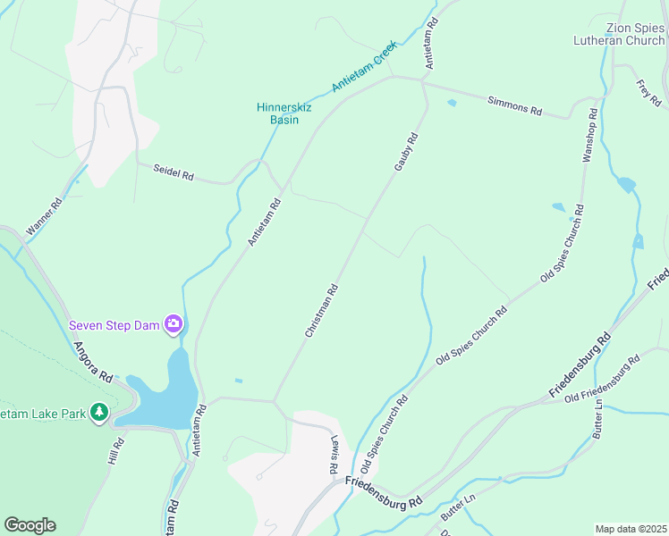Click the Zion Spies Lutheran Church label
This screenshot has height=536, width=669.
click(x=622, y=34)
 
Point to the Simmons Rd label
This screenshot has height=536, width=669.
click(x=515, y=106)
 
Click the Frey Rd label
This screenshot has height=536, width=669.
click(x=648, y=91)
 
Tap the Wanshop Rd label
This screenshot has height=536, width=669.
click(x=589, y=135)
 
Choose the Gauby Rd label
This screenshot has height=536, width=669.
click(x=406, y=153)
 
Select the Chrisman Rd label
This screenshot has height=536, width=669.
click(x=321, y=310)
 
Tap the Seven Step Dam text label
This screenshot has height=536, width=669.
click(x=114, y=324)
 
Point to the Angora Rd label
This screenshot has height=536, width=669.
click(x=92, y=362)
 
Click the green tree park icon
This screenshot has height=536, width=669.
click(x=100, y=414)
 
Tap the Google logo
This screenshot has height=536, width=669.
click(x=30, y=524)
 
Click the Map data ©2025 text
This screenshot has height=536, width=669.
click(x=631, y=529)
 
